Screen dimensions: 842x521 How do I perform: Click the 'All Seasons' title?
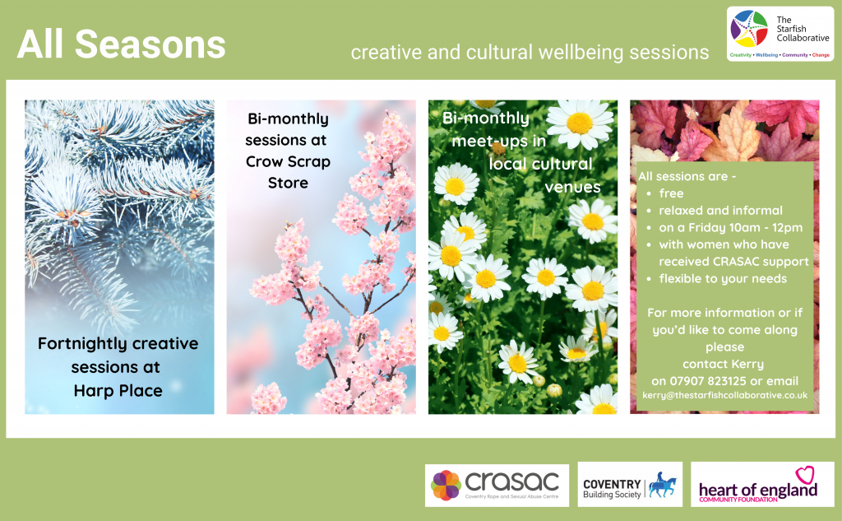point(122,44)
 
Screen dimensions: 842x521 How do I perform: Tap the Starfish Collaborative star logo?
point(749,29)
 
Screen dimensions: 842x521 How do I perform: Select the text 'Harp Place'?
point(118,390)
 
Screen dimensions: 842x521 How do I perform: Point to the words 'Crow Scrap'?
point(288,161)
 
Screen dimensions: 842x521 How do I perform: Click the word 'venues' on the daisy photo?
point(572,187)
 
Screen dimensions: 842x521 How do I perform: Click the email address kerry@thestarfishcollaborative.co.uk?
point(725,395)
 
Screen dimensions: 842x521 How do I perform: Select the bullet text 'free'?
point(671,193)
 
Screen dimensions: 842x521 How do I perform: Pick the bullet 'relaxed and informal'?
point(720,211)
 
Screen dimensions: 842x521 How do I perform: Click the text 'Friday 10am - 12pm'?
point(745,228)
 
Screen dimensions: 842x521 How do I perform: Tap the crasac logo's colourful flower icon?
point(446,486)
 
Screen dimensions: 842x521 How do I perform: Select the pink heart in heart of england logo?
point(804,475)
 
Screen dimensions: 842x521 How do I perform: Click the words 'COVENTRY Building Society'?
point(612,489)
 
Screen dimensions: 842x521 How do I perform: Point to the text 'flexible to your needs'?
point(723,279)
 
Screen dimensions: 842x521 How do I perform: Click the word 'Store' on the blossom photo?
point(288,183)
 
